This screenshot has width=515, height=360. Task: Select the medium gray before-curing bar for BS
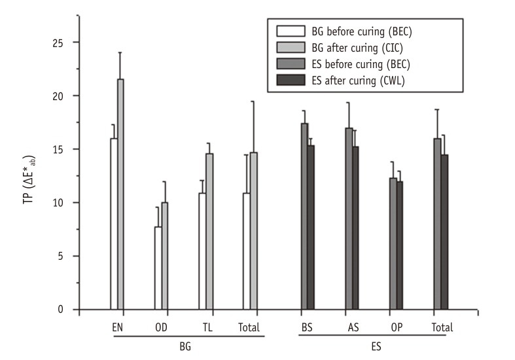304,216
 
